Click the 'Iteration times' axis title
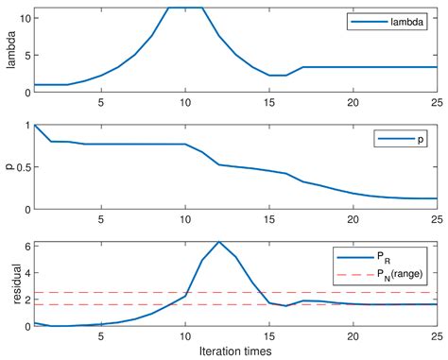(235, 351)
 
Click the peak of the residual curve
(219, 243)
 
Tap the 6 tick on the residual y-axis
(26, 246)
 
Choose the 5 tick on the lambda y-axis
(26, 55)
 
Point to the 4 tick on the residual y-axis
(26, 272)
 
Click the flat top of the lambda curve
(185, 8)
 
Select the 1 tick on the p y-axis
(26, 125)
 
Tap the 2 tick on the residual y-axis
(26, 300)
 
